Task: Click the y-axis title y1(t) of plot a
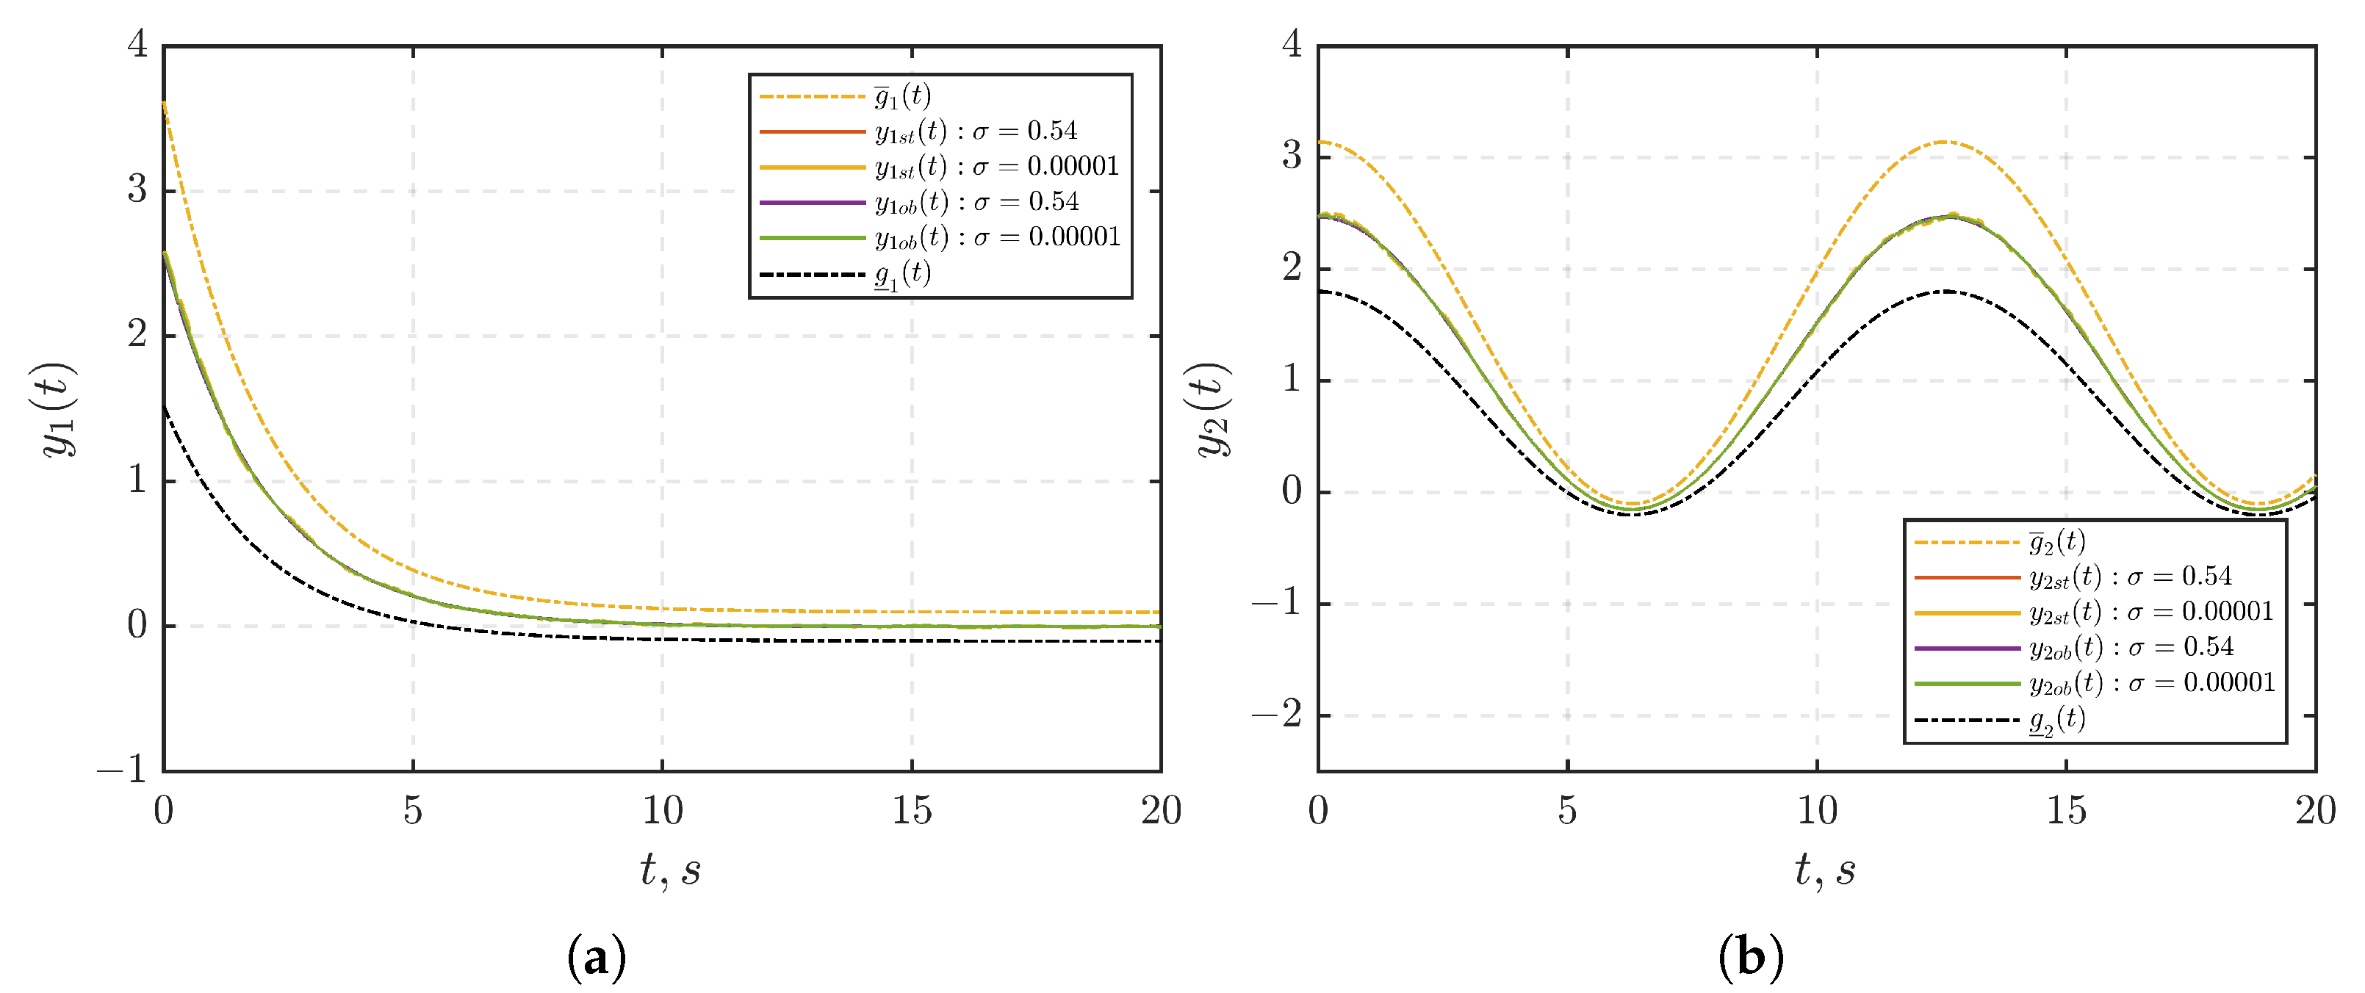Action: (57, 409)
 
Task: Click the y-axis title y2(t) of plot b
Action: (1212, 409)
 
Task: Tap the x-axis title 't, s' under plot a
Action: (670, 869)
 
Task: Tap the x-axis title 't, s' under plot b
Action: (1825, 869)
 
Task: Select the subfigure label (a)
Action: (597, 957)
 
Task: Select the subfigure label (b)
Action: (1751, 957)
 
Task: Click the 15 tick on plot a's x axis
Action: (912, 810)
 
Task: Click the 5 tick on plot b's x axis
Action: (1567, 810)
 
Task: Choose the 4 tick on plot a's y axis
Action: (137, 43)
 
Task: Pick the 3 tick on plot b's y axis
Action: (1292, 155)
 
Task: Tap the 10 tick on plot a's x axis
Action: (662, 810)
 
